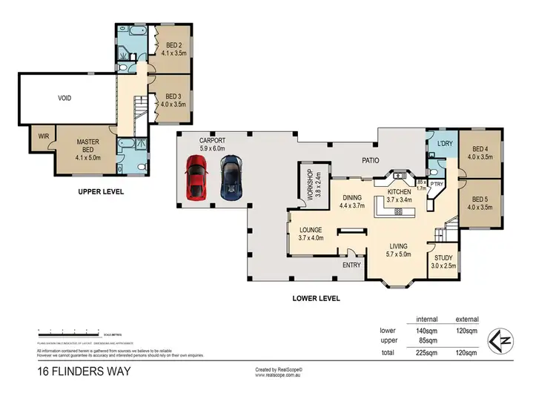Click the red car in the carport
tap(195, 179)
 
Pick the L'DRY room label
tap(445, 142)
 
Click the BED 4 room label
tap(480, 152)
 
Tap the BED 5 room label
tap(480, 202)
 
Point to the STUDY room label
tap(445, 261)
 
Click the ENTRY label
tap(351, 265)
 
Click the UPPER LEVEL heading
tap(101, 191)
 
